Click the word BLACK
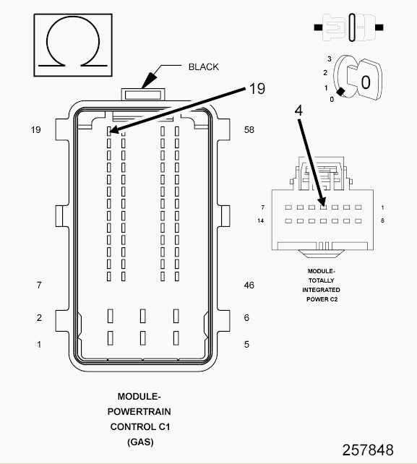click(203, 67)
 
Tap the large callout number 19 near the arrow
click(257, 89)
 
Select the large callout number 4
click(298, 111)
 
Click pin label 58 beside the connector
click(249, 130)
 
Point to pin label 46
click(249, 285)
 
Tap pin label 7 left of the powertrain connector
click(39, 285)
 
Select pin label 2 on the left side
click(39, 318)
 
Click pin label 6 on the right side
click(246, 318)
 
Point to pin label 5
click(246, 345)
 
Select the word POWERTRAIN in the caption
click(139, 411)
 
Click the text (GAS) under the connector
click(139, 441)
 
